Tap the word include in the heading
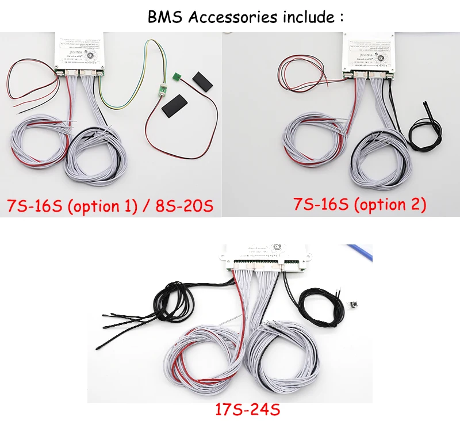click(304, 17)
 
